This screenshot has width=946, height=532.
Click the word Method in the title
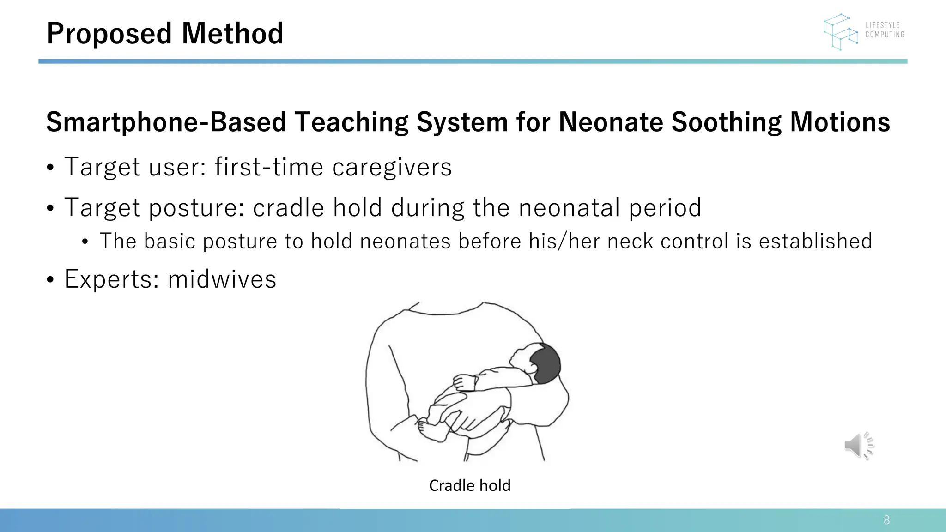pos(232,34)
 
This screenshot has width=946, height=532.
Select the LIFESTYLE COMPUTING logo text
pos(885,30)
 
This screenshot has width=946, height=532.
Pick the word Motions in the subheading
pos(840,122)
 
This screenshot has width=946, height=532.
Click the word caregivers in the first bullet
pos(392,167)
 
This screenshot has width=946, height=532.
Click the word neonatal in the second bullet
pos(570,207)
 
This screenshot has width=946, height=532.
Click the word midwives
pos(222,279)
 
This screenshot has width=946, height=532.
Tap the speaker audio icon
pos(858,446)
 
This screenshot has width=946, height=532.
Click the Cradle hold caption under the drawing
pos(470,485)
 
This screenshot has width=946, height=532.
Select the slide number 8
pos(886,520)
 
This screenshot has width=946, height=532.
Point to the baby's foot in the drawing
pos(430,430)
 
